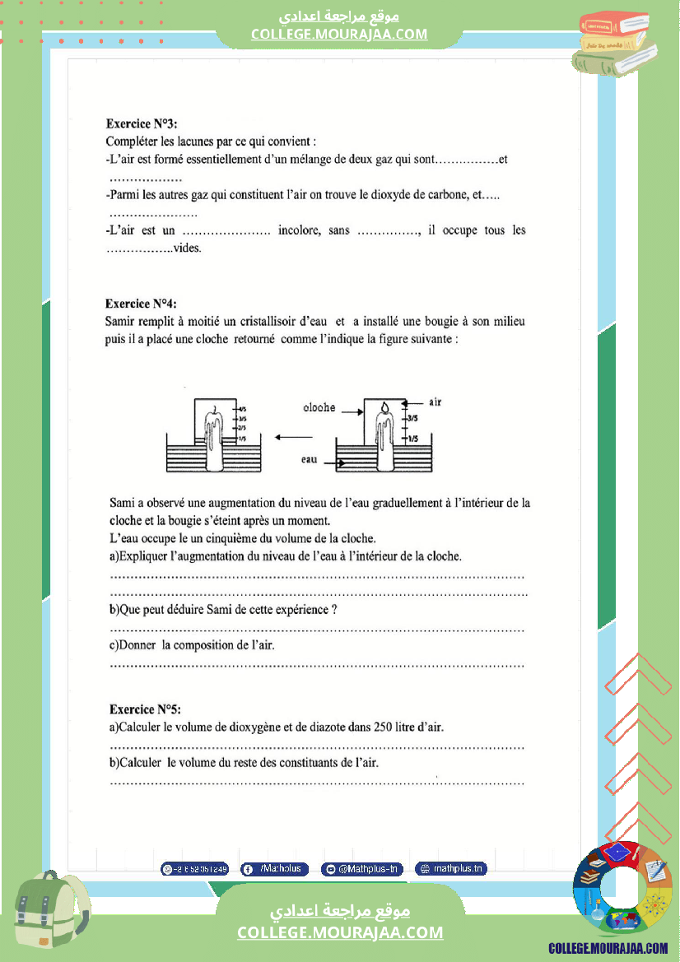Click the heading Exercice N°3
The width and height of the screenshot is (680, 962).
(141, 123)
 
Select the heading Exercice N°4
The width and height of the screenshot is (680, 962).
(141, 303)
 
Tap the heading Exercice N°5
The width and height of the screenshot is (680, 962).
(145, 709)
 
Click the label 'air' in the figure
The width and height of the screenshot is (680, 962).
(435, 402)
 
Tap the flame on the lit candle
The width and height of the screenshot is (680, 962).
(384, 407)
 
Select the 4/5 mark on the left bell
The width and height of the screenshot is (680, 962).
(242, 408)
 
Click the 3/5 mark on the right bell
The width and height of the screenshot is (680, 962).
(412, 419)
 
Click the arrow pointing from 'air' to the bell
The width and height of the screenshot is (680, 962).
(416, 403)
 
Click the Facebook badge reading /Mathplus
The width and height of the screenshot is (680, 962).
(275, 869)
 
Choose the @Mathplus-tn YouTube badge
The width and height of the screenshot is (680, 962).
(362, 869)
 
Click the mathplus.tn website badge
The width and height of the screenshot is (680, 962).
(451, 869)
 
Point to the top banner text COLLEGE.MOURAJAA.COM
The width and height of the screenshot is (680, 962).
(339, 34)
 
